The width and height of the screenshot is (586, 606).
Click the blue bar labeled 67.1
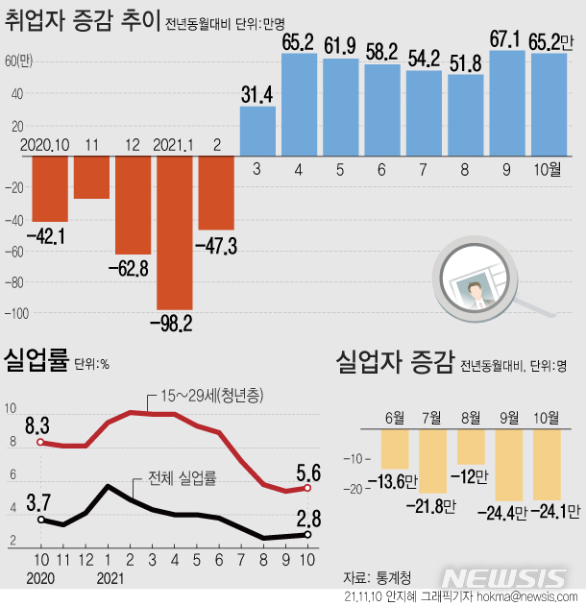507,103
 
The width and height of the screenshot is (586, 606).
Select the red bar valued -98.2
175,231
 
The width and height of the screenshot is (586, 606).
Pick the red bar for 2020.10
50,188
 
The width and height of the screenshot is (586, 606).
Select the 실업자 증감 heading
393,362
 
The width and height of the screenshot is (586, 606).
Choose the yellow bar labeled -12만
472,448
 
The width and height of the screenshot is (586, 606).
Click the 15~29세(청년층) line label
212,396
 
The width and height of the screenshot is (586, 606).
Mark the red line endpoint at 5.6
307,489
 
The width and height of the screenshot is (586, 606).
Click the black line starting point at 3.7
40,520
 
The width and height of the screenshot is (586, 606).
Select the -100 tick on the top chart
17,313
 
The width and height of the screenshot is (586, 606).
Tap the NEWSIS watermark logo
505,578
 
